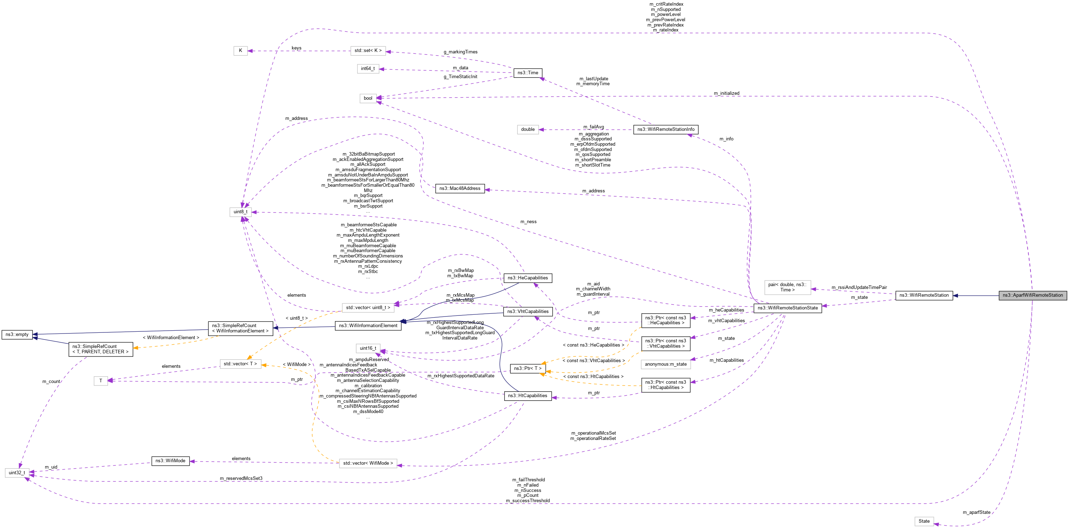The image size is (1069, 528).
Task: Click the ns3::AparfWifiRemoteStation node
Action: (1033, 295)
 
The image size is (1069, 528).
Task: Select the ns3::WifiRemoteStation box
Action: (924, 295)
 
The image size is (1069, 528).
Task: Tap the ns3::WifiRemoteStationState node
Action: (787, 308)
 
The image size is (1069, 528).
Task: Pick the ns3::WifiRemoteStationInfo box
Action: (666, 129)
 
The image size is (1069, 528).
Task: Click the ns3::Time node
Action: (528, 73)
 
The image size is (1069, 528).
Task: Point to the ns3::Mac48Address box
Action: (460, 188)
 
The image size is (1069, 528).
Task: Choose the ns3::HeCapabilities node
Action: (528, 278)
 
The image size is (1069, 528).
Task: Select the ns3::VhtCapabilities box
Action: (528, 311)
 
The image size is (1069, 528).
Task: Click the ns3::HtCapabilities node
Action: (528, 396)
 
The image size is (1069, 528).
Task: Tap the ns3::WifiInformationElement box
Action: (368, 325)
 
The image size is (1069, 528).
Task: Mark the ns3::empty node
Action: (17, 335)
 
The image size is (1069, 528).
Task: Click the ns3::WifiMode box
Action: (170, 461)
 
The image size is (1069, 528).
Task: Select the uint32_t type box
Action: (17, 473)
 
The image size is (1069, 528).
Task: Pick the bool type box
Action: (368, 98)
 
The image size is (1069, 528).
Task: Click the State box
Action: (924, 521)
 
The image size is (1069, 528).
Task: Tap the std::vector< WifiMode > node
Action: (368, 463)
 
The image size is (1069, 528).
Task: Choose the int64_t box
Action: (368, 69)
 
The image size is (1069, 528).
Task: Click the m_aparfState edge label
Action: (976, 512)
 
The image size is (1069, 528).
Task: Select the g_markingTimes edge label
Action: (460, 52)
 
